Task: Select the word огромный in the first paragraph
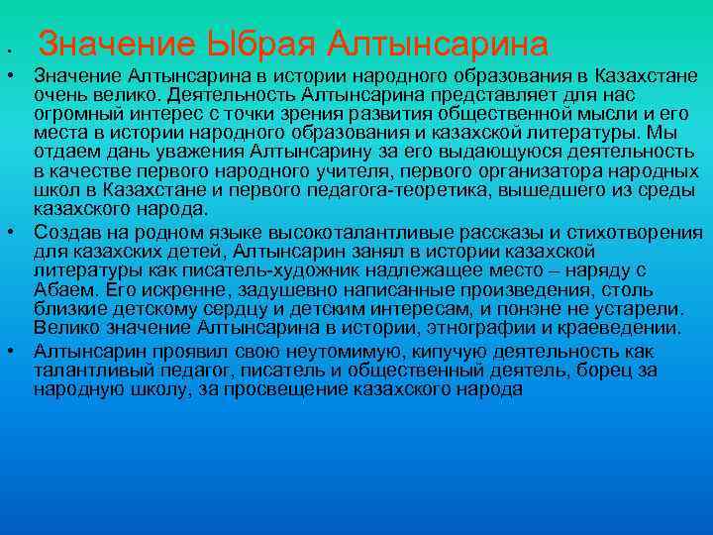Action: point(74,114)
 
